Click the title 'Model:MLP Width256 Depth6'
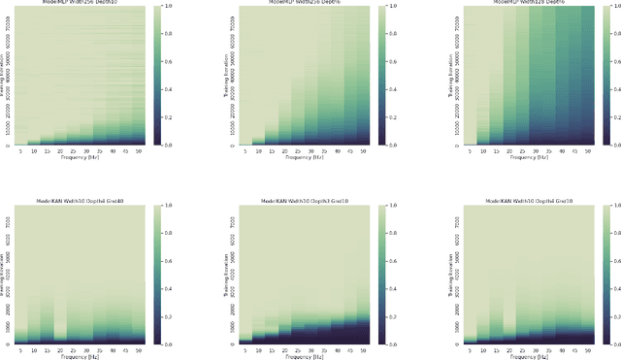click(300, 3)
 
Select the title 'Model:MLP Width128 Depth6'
click(514, 3)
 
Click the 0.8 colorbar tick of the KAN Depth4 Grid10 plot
click(607, 234)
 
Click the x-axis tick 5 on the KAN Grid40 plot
click(21, 350)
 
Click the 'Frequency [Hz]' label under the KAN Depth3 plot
click(300, 357)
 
